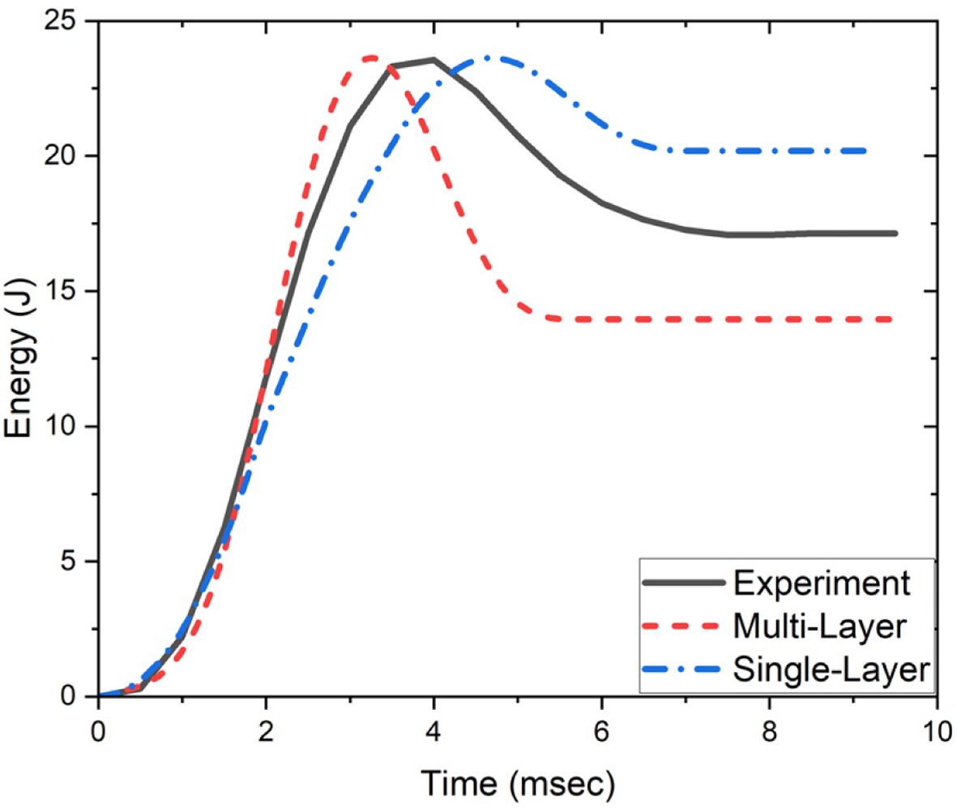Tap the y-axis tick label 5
77,561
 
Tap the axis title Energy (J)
22,359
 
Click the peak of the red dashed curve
370,57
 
